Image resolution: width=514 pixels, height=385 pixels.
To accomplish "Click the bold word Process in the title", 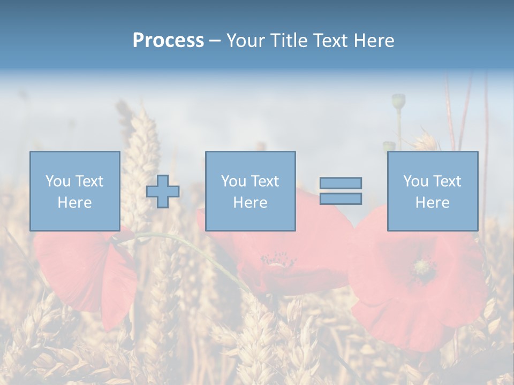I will click(168, 41).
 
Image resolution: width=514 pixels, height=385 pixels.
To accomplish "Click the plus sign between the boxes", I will click(163, 191).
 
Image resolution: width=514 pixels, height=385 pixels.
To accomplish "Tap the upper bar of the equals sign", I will click(341, 183).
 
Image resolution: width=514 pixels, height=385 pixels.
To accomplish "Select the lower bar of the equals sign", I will click(341, 198).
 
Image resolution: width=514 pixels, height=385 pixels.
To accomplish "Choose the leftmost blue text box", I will click(74, 191).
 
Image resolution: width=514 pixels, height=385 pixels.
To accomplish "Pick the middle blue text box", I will click(250, 191).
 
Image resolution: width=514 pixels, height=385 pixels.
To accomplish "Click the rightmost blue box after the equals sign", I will click(432, 191).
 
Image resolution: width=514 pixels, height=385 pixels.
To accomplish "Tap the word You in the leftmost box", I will click(57, 181).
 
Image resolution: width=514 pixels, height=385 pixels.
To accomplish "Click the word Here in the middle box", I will click(250, 203).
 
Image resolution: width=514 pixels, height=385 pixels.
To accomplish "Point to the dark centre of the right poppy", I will click(424, 267).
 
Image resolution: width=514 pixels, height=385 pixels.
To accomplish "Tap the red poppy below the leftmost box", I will click(86, 273).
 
